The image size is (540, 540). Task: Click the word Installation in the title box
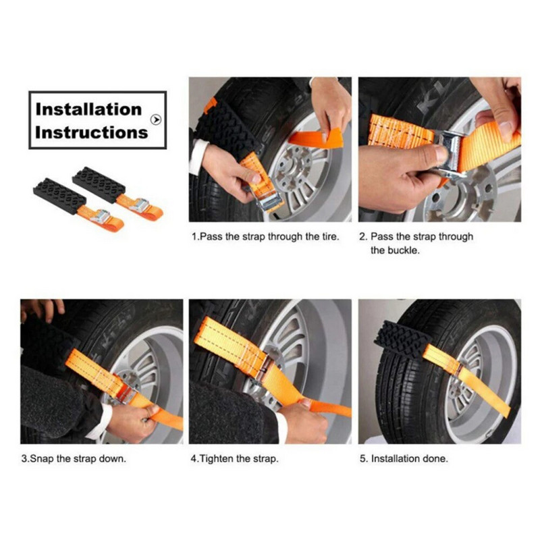(88, 109)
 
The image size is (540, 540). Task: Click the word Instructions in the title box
(91, 132)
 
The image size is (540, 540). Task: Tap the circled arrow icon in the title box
(156, 119)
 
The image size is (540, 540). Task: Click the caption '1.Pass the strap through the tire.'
(265, 237)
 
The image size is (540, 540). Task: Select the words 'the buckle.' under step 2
(395, 250)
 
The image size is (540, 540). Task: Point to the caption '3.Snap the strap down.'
(74, 459)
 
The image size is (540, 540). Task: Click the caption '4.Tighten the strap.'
(234, 459)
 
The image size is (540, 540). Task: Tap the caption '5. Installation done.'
(404, 459)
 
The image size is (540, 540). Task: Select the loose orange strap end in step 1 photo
(316, 138)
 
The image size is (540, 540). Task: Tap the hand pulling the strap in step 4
(303, 422)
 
